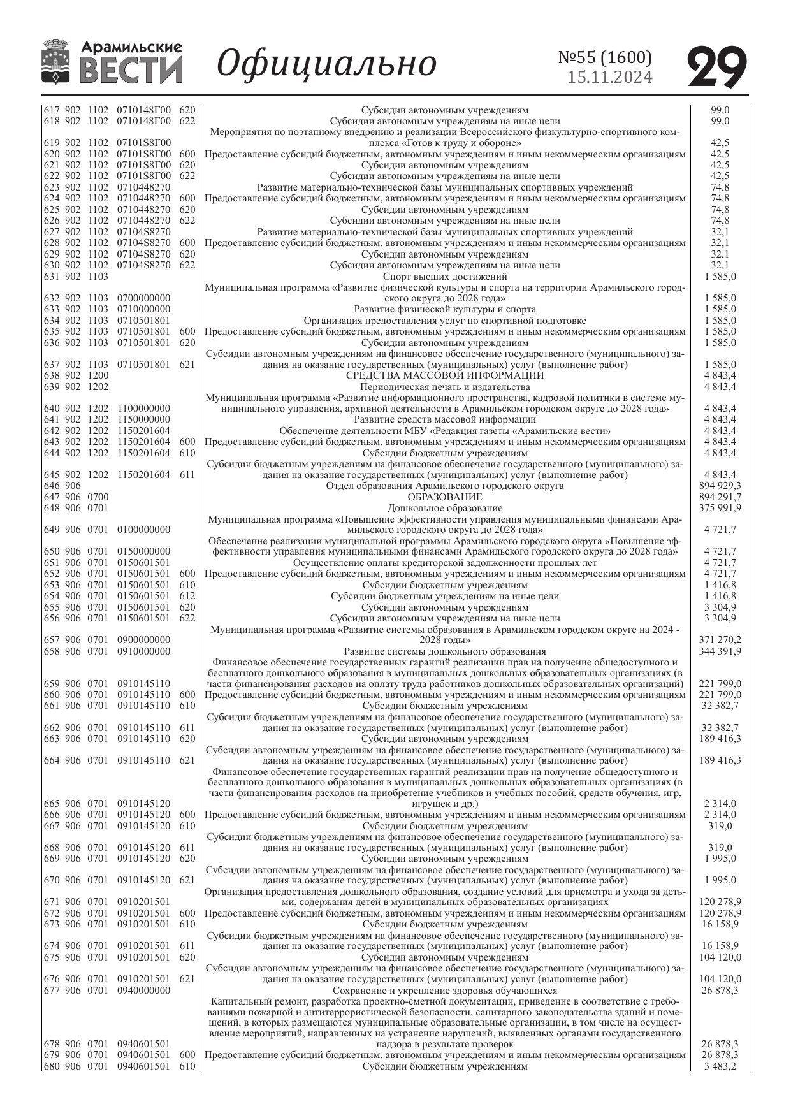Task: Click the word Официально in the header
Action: [x=327, y=64]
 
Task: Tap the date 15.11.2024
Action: [x=610, y=78]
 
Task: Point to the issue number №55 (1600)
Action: [x=605, y=57]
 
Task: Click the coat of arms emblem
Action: [x=55, y=62]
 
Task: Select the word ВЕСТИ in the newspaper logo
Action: [x=132, y=70]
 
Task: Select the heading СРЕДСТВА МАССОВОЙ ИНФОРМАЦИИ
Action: [x=444, y=375]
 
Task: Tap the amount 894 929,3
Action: [x=720, y=486]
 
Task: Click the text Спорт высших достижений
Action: [x=444, y=276]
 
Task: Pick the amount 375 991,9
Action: [x=720, y=508]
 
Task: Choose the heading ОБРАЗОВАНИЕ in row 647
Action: [x=444, y=497]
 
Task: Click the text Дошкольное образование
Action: [x=444, y=508]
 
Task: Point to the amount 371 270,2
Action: [x=720, y=639]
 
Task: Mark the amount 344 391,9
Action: [x=720, y=651]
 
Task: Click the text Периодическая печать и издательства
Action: [x=444, y=387]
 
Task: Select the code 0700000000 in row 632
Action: [x=143, y=298]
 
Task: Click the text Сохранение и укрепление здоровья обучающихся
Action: [x=444, y=991]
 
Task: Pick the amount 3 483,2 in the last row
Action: [x=720, y=1066]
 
